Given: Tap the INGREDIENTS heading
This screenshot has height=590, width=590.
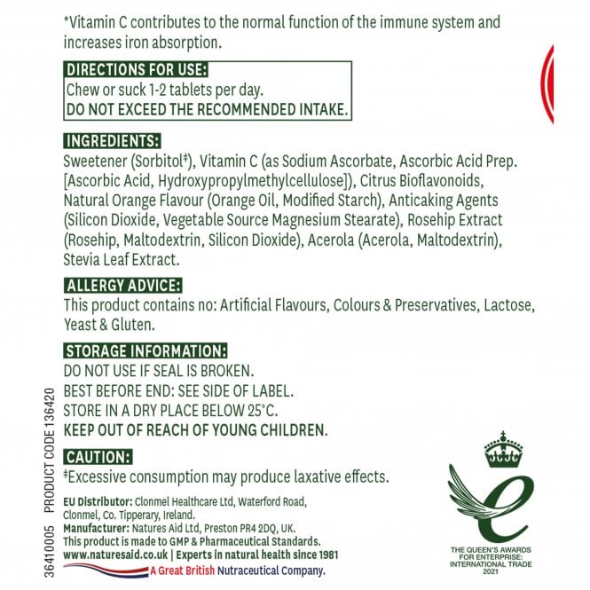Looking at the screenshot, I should (x=113, y=141).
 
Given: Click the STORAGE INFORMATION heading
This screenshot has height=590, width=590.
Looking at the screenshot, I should (x=146, y=350).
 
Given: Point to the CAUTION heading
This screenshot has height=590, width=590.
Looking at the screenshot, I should (x=98, y=456).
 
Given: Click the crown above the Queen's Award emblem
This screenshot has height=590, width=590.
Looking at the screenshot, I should (x=503, y=451).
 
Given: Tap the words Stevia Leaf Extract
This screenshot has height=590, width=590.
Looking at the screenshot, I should (x=122, y=260).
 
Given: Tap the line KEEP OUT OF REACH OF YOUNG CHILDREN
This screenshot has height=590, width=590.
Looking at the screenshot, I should (x=196, y=429).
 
